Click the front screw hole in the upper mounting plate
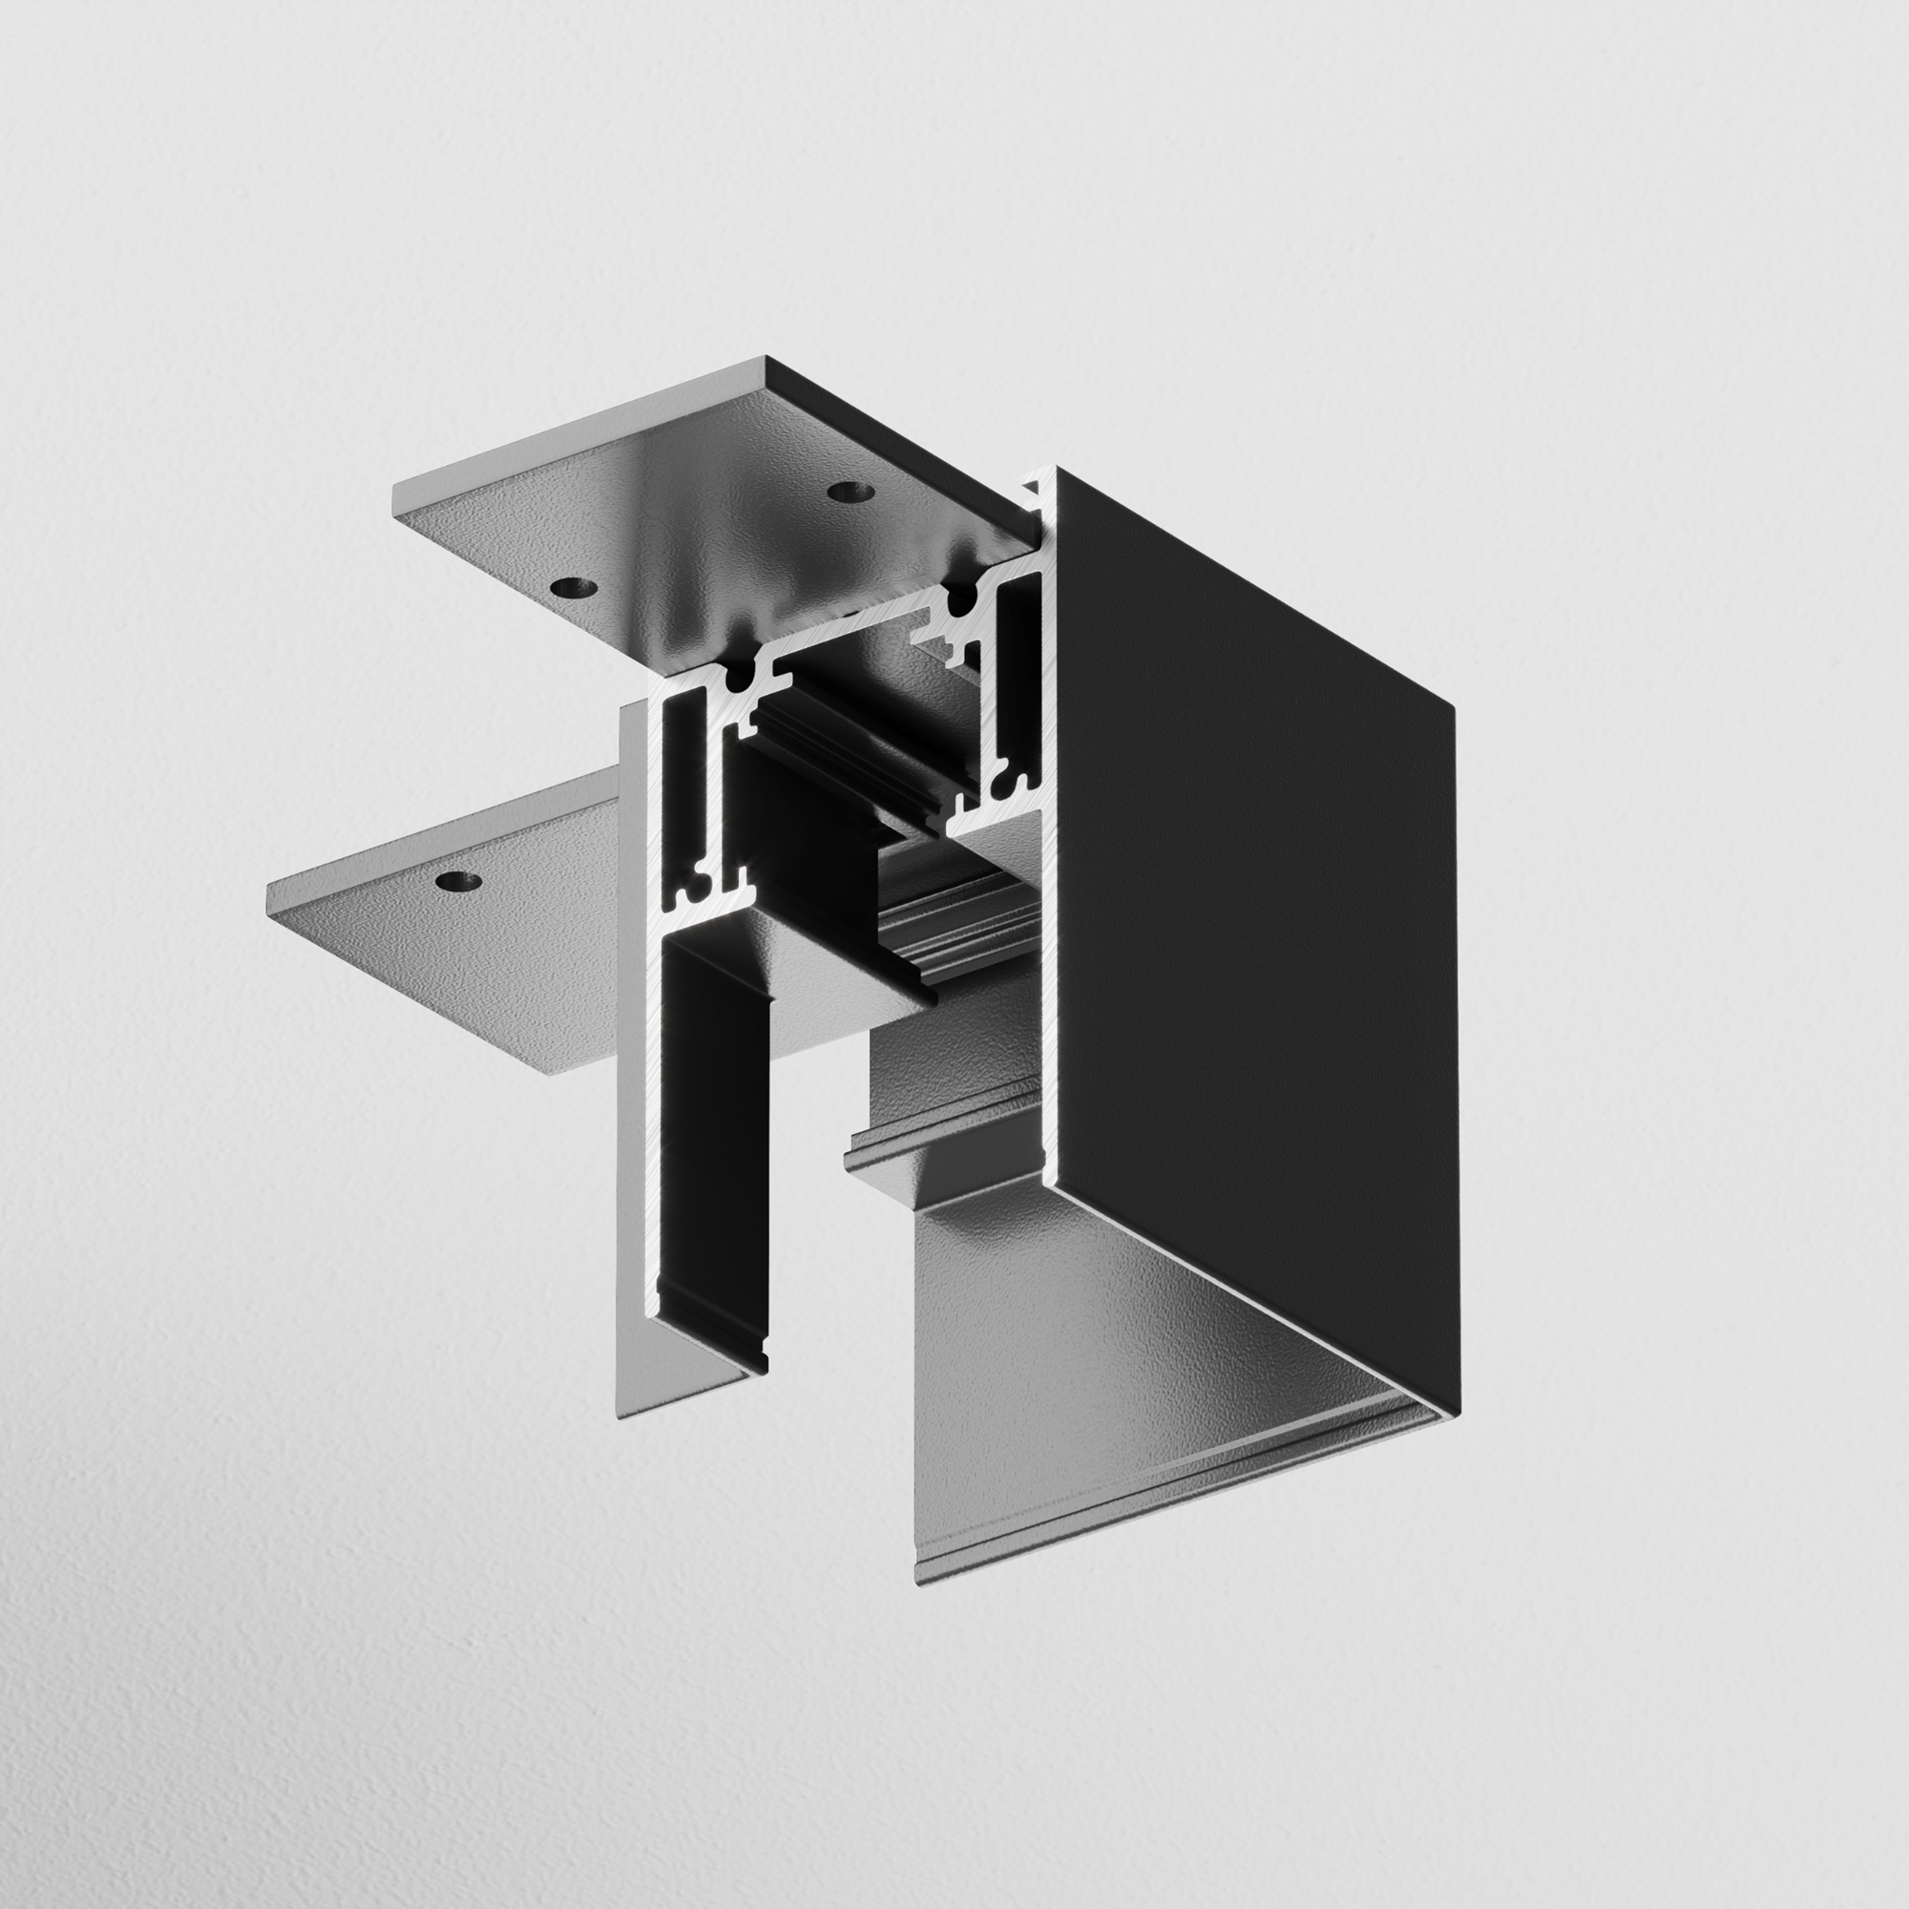point(574,588)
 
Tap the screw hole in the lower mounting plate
point(457,881)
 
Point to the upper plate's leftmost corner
point(395,488)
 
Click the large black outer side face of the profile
point(1255,938)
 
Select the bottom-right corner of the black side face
point(1458,1415)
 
